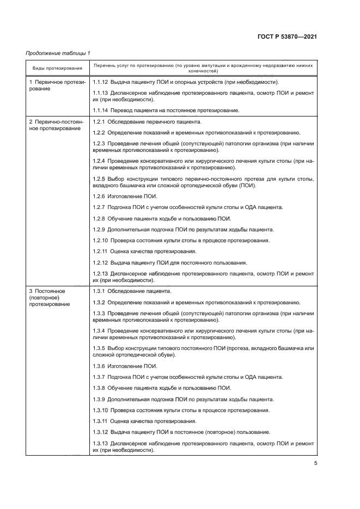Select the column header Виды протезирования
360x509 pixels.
pos(57,68)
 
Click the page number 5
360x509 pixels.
pos(315,463)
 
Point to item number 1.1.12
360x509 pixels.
pos(101,82)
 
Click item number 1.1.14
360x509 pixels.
pos(101,111)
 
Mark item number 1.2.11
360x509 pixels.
pos(101,252)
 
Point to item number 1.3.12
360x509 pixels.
pos(101,432)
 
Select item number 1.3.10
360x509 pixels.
pos(101,410)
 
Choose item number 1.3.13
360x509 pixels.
pos(101,443)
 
